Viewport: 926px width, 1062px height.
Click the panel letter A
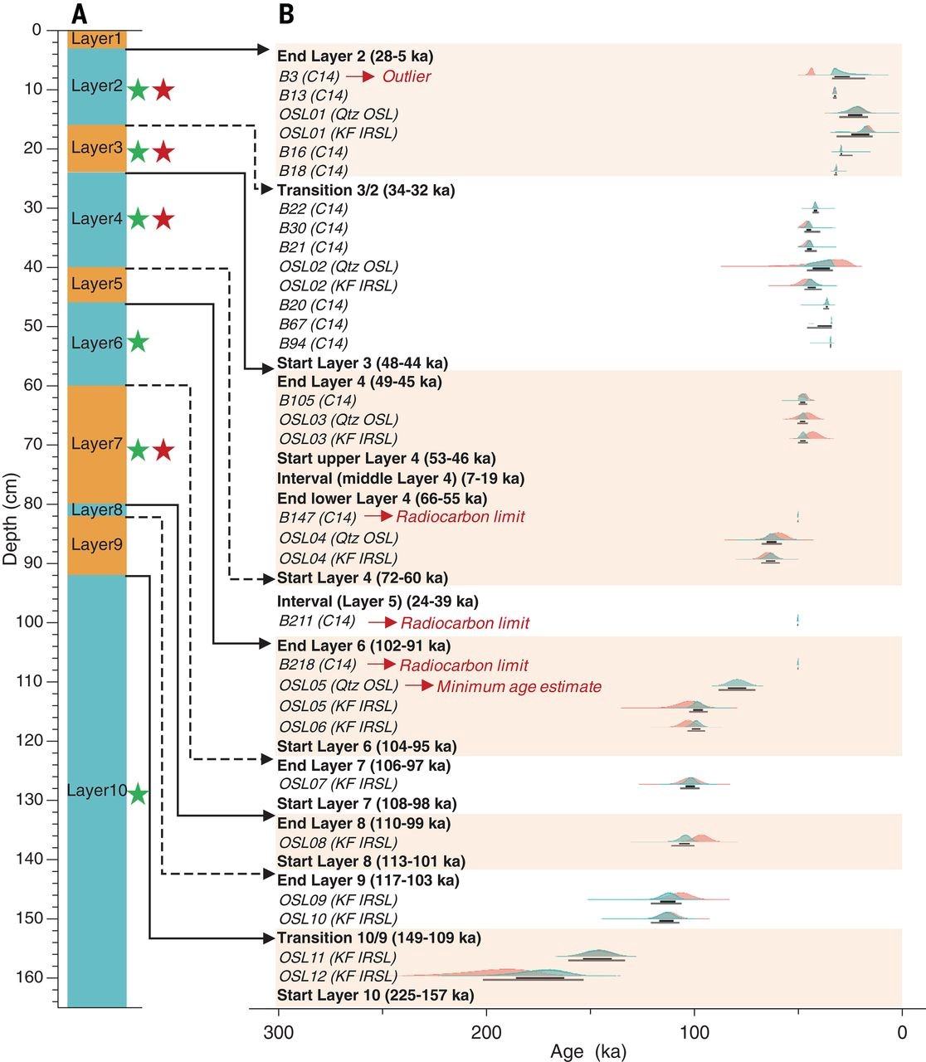80,13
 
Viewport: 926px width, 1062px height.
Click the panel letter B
285,13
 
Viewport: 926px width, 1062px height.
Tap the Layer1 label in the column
96,39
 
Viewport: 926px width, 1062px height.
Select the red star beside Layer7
163,450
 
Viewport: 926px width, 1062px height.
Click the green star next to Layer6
138,341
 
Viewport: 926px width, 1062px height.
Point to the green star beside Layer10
138,794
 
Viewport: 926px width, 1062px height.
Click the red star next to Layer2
163,89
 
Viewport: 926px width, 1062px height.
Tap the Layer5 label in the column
96,284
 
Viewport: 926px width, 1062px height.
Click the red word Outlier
407,76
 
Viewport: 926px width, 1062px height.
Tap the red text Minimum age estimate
519,687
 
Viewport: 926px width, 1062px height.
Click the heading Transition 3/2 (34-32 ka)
365,190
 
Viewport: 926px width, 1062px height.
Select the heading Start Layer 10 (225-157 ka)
375,995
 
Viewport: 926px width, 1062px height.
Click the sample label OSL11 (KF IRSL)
338,957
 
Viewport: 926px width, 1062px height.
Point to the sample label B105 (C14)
317,401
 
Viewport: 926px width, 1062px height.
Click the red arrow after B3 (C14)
360,76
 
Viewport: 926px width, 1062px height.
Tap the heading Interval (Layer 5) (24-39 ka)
378,602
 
